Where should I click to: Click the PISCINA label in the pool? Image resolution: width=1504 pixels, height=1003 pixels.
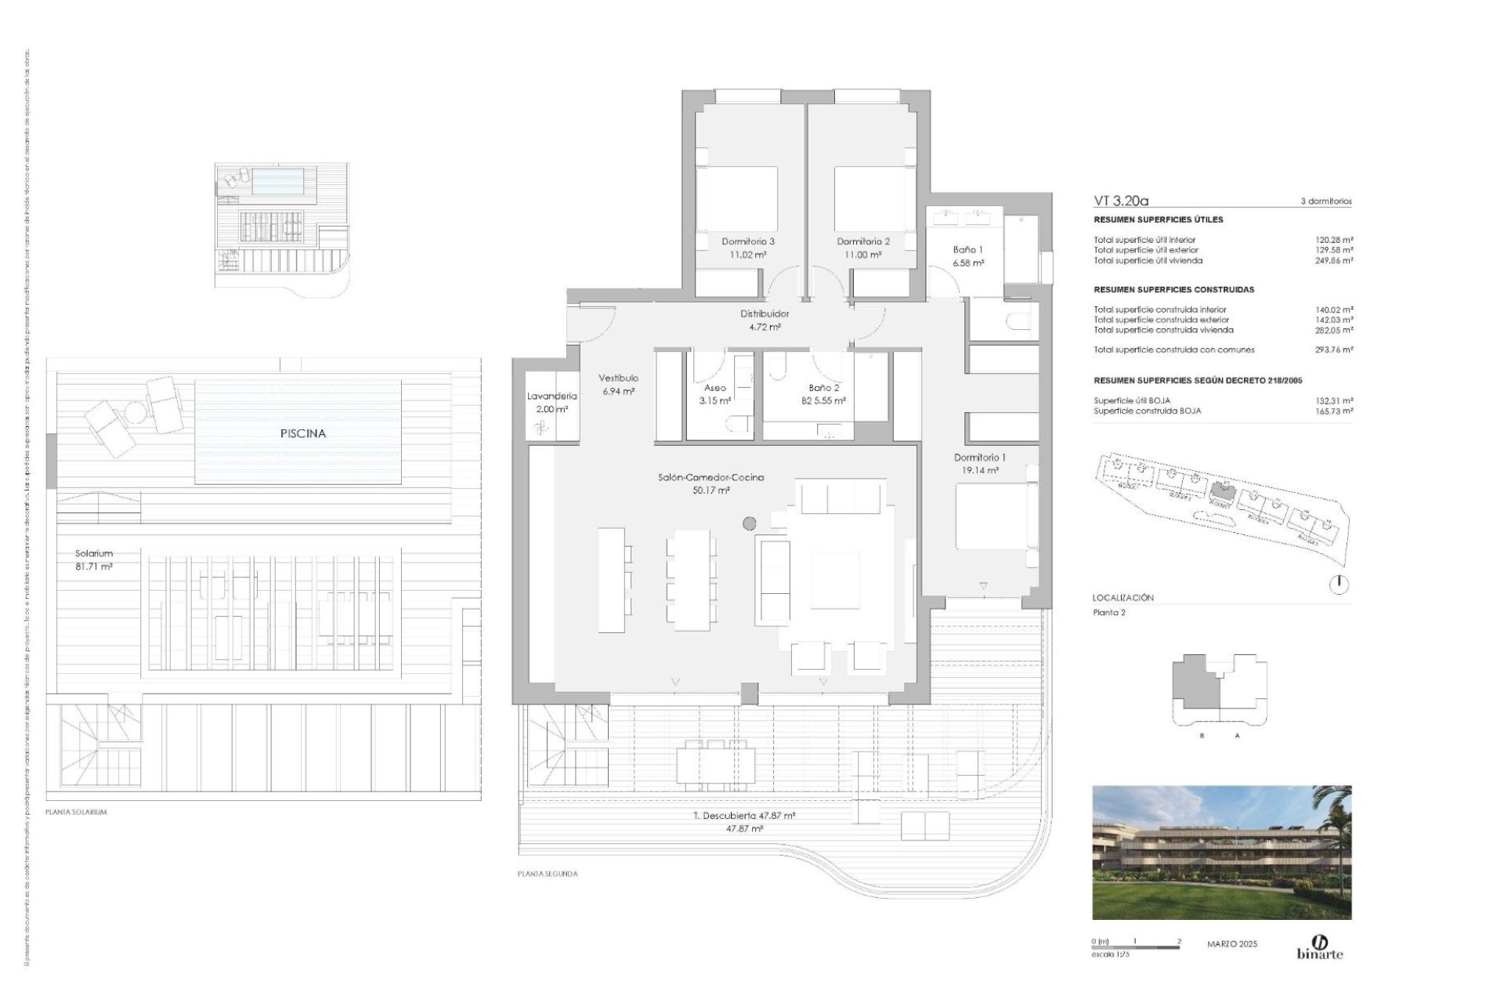[x=302, y=433]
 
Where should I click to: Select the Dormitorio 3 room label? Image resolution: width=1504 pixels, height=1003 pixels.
[x=748, y=242]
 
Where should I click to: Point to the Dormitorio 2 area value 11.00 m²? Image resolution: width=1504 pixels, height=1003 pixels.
[x=863, y=255]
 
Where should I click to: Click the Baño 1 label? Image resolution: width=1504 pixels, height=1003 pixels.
[x=967, y=250]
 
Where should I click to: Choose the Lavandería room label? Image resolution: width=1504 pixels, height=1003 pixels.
[x=551, y=396]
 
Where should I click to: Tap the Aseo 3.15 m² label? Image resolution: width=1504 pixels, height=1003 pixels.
[x=714, y=394]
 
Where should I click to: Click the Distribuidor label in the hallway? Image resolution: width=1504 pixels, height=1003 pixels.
[x=765, y=314]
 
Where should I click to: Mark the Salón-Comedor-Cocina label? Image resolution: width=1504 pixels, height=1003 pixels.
[x=711, y=477]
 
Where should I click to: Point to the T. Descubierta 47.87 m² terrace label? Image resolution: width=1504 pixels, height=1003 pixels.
[x=744, y=816]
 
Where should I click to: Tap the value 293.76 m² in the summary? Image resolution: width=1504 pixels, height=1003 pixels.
[x=1334, y=350]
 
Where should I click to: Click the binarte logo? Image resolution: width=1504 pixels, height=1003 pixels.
[x=1319, y=947]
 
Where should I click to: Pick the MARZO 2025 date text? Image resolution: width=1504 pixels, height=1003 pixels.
[x=1232, y=944]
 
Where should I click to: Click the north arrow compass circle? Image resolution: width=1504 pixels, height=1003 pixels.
[x=1339, y=584]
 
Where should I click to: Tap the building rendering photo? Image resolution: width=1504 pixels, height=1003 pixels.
[x=1221, y=853]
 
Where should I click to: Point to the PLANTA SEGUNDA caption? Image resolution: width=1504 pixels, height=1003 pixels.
[x=548, y=874]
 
